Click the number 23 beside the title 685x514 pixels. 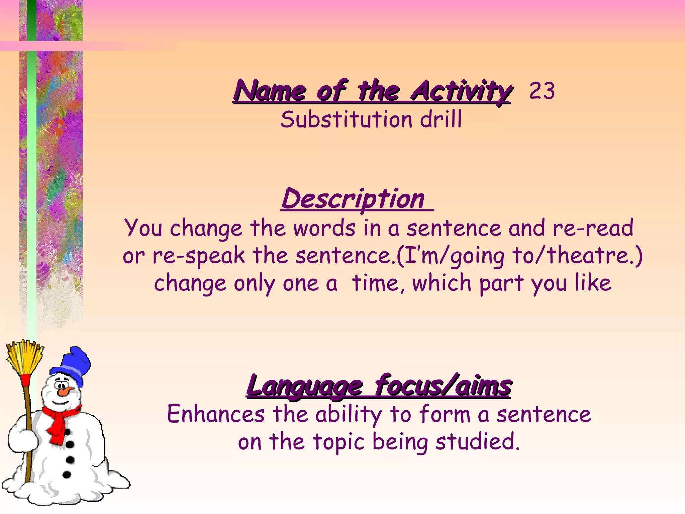click(542, 91)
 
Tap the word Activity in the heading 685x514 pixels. click(462, 91)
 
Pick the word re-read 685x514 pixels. click(593, 228)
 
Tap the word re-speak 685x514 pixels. click(199, 256)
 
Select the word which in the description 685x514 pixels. click(442, 283)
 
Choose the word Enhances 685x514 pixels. click(216, 414)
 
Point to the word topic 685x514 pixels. click(338, 442)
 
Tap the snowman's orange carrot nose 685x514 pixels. click(65, 391)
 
